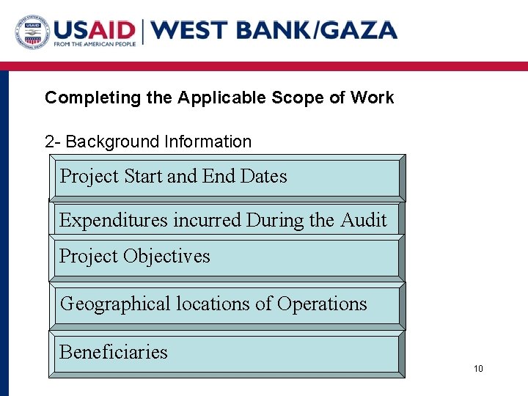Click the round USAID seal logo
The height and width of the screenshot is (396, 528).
click(32, 31)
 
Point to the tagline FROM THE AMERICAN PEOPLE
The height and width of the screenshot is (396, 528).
click(95, 45)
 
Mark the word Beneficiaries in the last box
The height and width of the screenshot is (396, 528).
click(114, 352)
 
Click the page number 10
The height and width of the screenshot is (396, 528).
click(478, 369)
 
